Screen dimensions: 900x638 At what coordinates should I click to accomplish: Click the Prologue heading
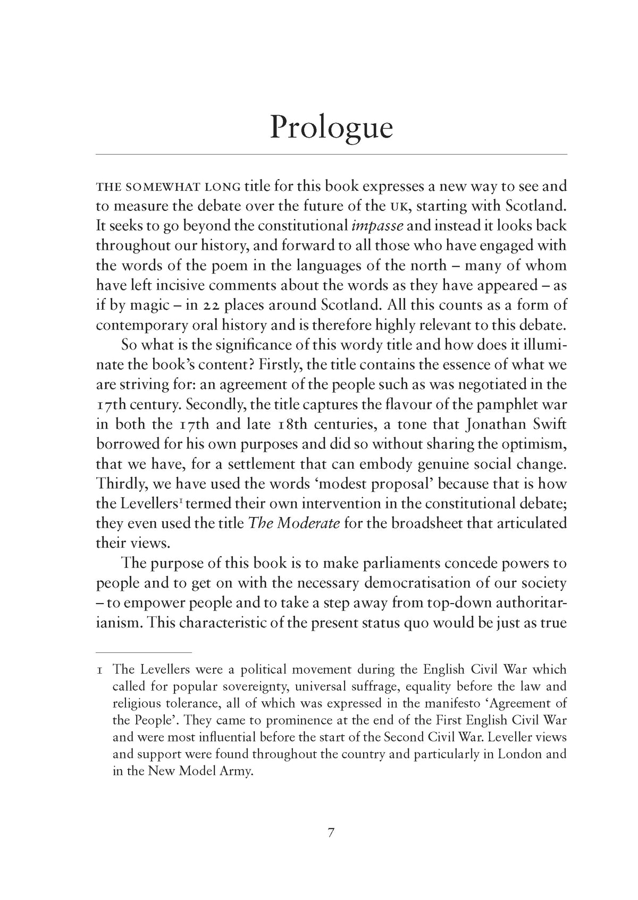[x=331, y=128]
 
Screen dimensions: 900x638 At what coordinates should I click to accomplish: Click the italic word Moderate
[x=305, y=523]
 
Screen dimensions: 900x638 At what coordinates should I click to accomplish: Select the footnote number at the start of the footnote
[x=99, y=670]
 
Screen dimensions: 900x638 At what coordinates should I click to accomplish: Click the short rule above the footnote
[x=144, y=651]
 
